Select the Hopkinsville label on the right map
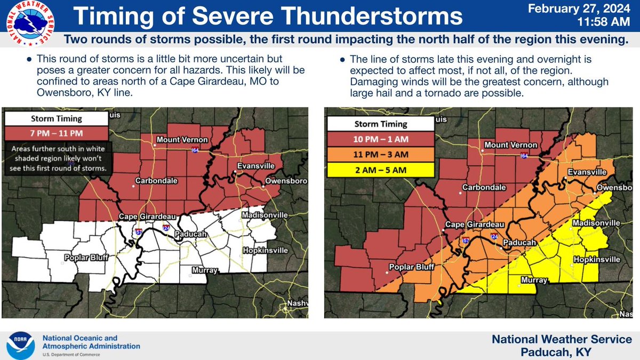(596, 259)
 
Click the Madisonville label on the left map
(265, 214)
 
